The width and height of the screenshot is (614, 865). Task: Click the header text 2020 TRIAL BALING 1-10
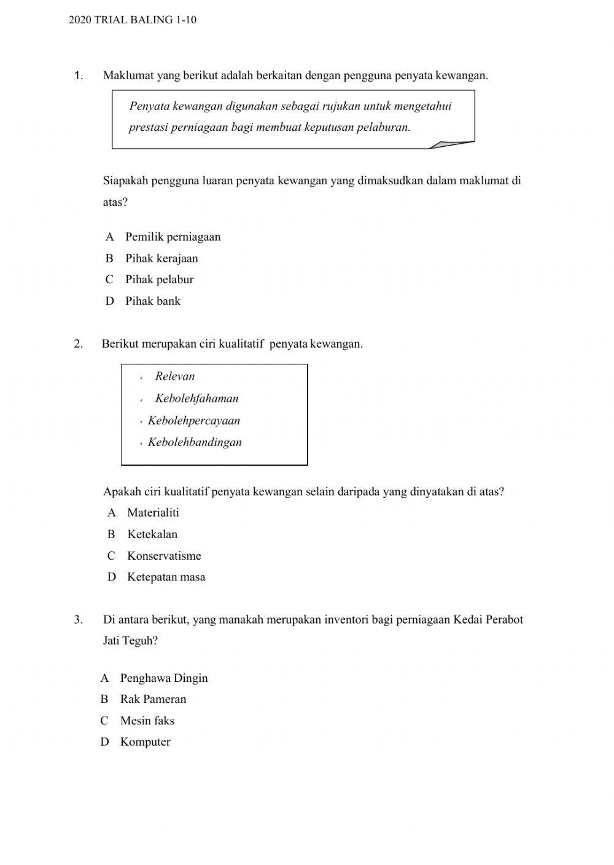click(133, 20)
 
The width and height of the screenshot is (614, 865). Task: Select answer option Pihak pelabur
click(159, 280)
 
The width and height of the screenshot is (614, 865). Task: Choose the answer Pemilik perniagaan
click(173, 237)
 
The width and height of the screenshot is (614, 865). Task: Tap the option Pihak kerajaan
click(161, 259)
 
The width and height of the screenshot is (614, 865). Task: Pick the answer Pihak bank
click(153, 301)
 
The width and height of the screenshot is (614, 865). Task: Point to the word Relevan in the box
click(175, 377)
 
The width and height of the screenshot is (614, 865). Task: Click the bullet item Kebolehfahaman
click(196, 399)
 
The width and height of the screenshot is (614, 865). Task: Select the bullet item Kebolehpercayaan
click(194, 421)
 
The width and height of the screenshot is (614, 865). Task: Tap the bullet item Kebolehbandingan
click(195, 442)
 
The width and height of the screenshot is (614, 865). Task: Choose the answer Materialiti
click(153, 513)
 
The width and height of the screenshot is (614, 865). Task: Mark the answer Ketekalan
click(152, 534)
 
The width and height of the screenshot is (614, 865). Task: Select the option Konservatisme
click(164, 556)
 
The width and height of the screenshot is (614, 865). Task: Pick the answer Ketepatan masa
click(166, 577)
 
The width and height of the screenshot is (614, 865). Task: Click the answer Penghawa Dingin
click(164, 678)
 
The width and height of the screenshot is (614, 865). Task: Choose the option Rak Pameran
click(153, 699)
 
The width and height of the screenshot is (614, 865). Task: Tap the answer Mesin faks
click(147, 721)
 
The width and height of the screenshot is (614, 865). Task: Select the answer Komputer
click(146, 742)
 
